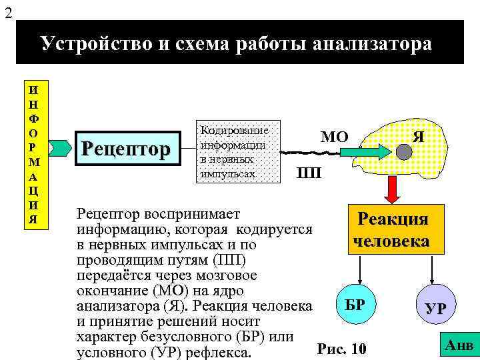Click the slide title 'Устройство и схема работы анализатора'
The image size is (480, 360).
point(236,44)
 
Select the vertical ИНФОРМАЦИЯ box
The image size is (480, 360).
point(34,154)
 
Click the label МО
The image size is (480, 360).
point(333,137)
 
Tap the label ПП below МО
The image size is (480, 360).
point(309,173)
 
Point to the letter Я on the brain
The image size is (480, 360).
point(418,135)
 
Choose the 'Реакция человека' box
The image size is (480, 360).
point(392,230)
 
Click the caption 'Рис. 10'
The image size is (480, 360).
point(342,348)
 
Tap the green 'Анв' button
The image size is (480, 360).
point(459,345)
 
